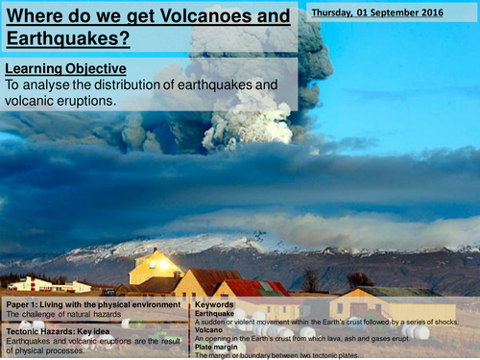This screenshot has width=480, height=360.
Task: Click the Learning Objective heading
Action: (x=64, y=70)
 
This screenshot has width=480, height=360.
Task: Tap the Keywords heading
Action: (x=216, y=303)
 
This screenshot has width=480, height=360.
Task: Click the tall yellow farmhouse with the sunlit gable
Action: (x=156, y=267)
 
